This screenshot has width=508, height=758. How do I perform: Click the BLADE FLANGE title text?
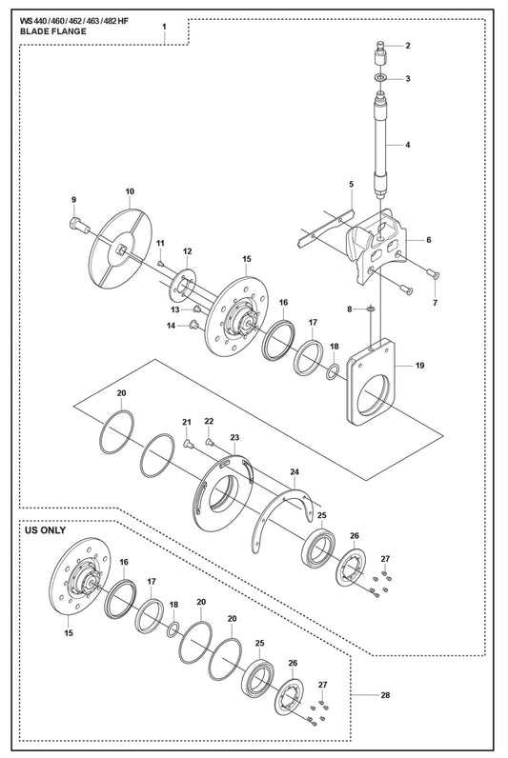click(52, 31)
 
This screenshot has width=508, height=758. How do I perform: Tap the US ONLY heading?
click(45, 529)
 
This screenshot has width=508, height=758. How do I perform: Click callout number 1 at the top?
click(164, 27)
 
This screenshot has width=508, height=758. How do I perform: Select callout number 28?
click(385, 695)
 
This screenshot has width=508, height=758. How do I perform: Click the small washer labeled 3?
click(380, 77)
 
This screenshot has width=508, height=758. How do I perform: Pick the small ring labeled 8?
click(371, 308)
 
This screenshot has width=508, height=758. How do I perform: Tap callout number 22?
click(209, 421)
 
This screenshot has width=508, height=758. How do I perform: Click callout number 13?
click(174, 309)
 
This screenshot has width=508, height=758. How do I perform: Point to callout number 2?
click(408, 46)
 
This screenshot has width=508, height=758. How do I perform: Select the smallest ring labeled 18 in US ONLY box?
click(173, 629)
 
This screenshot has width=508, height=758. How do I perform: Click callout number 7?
click(435, 303)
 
